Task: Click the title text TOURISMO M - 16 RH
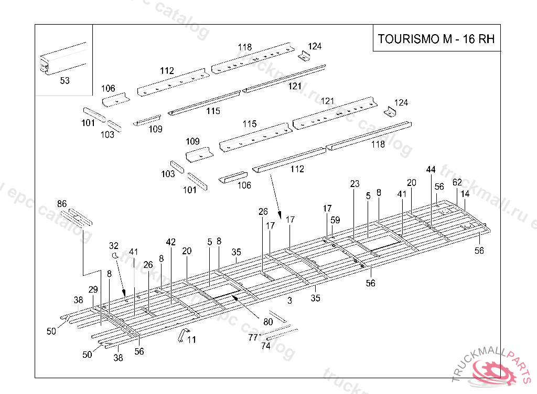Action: coord(436,39)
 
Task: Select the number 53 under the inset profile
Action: coord(65,81)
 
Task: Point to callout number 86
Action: coord(62,204)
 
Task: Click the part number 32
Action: coord(114,245)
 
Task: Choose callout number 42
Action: coord(171,242)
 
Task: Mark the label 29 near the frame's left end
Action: coord(93,290)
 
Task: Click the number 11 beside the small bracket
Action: coord(191,340)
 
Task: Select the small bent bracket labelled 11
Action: coord(181,335)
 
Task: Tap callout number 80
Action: coord(268,322)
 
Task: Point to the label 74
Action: coord(266,346)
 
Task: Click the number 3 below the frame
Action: coord(289,300)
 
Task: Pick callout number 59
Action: coord(335,220)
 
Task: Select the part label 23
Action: coord(355,184)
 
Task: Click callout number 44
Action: coord(431,169)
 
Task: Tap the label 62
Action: coord(457,182)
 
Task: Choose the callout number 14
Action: coord(465,193)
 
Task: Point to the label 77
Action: coord(253,337)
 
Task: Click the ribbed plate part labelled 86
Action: coord(76,216)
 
